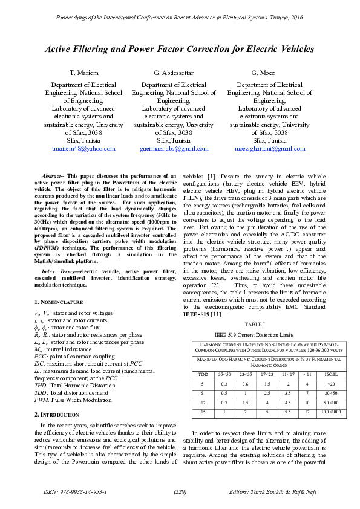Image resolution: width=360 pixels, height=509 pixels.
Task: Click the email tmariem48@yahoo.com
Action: point(83,148)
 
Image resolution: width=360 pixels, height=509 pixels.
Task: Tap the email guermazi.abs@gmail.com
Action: point(174,148)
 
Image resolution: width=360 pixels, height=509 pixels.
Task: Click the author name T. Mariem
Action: point(83,73)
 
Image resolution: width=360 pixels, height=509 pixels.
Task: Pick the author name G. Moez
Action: point(263,73)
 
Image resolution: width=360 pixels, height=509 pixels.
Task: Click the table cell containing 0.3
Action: point(224,384)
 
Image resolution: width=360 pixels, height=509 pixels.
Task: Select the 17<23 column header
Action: point(267,374)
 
